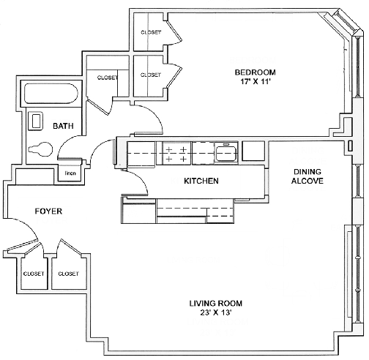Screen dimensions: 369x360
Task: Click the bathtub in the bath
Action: pos(51,94)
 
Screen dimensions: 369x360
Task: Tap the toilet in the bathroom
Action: pos(40,149)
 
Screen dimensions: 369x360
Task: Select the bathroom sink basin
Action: pos(36,121)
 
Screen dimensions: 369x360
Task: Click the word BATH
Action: pos(63,126)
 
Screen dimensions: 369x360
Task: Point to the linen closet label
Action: pos(70,173)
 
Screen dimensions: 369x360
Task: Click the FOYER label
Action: pos(48,211)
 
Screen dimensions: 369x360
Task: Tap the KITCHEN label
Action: pos(201,181)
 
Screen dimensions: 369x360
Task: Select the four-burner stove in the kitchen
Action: pos(176,154)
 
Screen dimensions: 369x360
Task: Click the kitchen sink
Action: pos(226,153)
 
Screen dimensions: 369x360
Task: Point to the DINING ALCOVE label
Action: pos(307,176)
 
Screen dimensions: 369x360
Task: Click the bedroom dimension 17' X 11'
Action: pos(255,81)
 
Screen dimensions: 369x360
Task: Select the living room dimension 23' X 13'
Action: pos(216,312)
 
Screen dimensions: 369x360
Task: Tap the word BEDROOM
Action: pos(255,72)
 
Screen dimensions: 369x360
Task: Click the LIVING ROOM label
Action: pos(216,303)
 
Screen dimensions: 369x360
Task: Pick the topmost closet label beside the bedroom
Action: pos(151,32)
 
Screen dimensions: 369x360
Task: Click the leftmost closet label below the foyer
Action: pos(34,274)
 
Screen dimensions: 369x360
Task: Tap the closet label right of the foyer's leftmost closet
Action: pos(68,274)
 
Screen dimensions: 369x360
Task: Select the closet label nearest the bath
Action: pos(108,78)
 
